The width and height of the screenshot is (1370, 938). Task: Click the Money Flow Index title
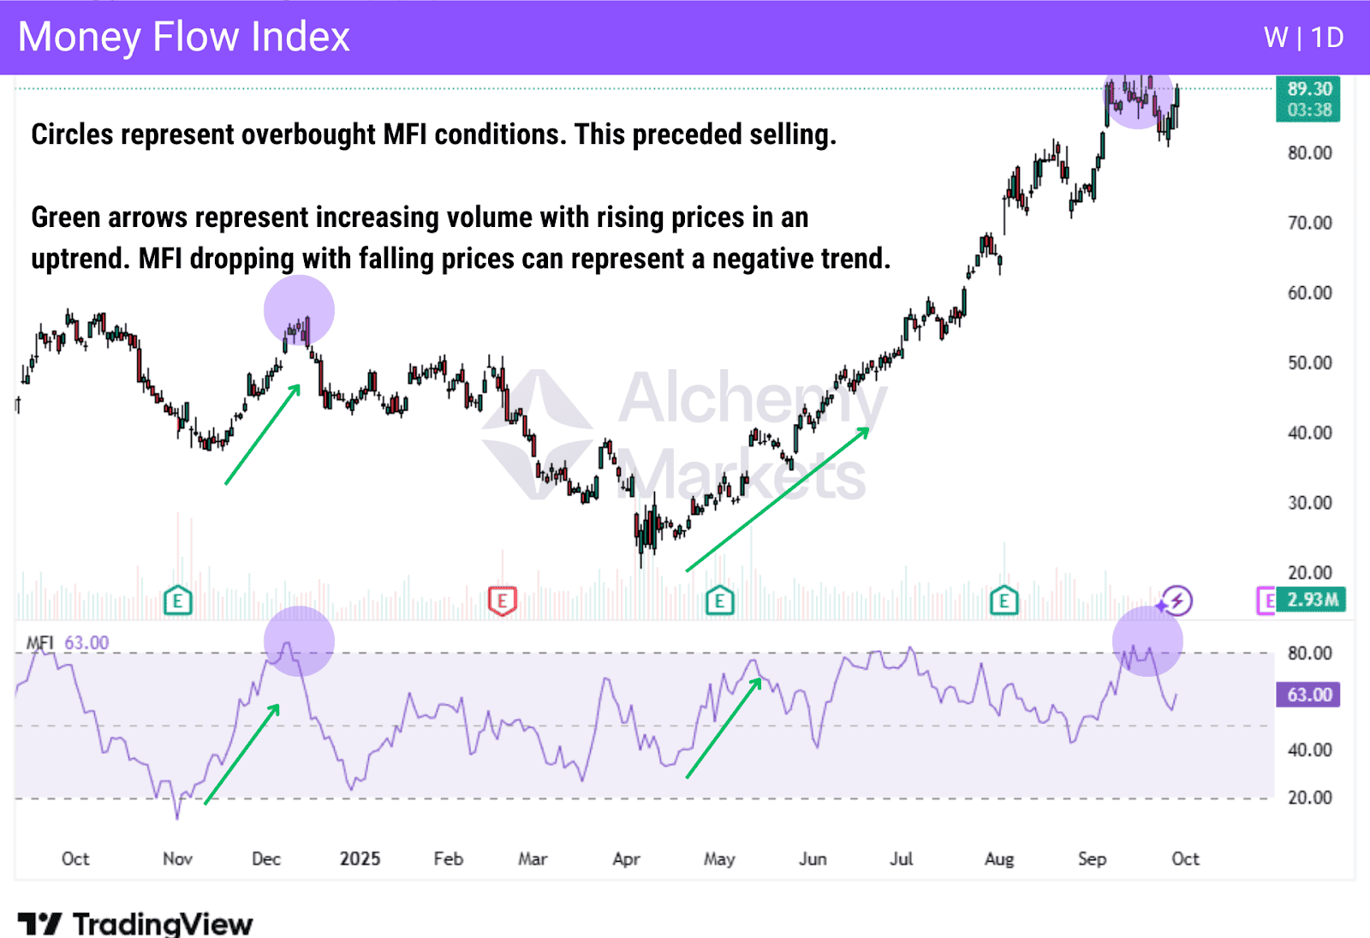point(184,37)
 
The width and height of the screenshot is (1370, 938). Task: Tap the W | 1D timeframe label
point(1303,38)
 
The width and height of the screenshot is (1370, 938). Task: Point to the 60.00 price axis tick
point(1310,293)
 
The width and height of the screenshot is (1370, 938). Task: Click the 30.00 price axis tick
point(1310,503)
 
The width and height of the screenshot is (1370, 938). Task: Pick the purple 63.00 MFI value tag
point(1308,694)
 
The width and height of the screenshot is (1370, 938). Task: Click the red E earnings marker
point(503,601)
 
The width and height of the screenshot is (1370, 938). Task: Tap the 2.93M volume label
point(1312,600)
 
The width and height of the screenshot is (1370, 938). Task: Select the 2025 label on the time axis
point(360,858)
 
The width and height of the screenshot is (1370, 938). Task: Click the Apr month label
point(626,858)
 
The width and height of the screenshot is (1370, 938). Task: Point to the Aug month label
point(998,858)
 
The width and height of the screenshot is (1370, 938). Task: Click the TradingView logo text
point(163,923)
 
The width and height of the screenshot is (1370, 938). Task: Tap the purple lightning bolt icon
point(1177,600)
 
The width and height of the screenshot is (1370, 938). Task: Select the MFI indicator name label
point(39,642)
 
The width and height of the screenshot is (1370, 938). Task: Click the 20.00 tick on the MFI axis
point(1310,798)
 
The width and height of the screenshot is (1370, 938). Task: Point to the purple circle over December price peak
point(299,310)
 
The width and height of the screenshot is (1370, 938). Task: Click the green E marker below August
point(1004,601)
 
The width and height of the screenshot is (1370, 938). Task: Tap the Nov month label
point(177,858)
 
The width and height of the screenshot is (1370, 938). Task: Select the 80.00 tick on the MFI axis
point(1310,654)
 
